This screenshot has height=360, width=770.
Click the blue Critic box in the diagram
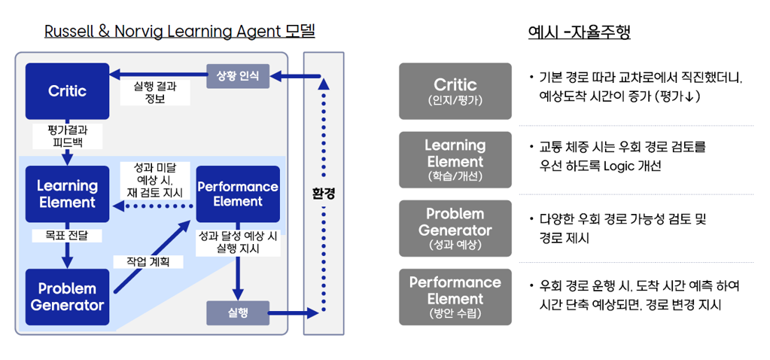pos(67,91)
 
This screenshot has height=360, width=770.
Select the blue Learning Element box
pos(67,194)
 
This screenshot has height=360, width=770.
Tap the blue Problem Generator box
pos(67,297)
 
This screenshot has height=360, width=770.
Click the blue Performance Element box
pos(237,194)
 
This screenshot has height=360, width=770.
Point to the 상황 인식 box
pos(237,75)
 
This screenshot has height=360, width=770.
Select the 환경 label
pos(324,194)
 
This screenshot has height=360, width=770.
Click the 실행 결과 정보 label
pos(154,92)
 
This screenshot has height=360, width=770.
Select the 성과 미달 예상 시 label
pos(154,180)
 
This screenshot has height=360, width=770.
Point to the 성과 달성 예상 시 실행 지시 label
pos(237,242)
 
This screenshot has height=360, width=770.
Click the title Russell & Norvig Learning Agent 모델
pos(179,32)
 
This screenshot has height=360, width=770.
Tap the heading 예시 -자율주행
pos(579,32)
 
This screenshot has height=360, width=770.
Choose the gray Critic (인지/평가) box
pos(455,91)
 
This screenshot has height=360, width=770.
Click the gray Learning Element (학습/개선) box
pos(455,160)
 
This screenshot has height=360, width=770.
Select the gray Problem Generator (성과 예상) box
pos(455,228)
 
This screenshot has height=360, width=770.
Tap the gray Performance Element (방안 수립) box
pos(455,297)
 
